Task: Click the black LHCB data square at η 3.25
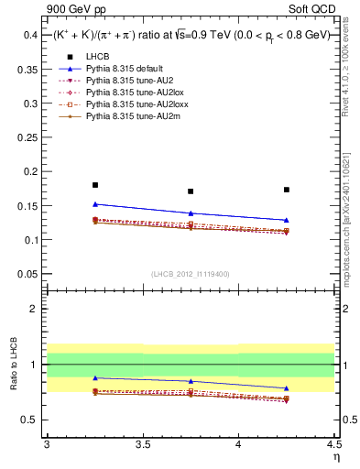[95, 185]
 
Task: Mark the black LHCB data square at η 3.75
[191, 191]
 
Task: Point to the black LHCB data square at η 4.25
[287, 190]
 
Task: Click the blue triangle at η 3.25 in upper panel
[95, 204]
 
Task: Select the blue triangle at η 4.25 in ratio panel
[287, 388]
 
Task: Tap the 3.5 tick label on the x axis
[143, 444]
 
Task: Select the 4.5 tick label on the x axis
[333, 444]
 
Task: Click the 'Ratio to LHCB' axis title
[14, 365]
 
